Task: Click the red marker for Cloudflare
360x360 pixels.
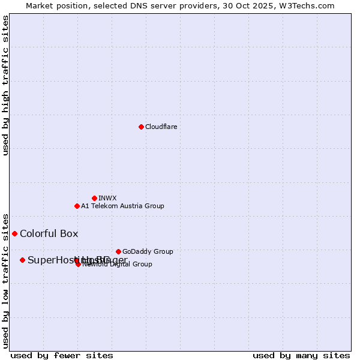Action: pos(141,127)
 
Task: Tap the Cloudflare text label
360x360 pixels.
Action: pos(161,127)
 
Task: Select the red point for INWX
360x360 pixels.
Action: pos(94,198)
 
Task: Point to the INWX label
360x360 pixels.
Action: pos(107,198)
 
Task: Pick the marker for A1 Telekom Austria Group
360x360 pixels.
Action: pos(77,206)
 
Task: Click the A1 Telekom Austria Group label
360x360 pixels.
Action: pos(122,206)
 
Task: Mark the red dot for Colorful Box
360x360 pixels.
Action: pos(14,233)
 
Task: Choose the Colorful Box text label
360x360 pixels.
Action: pos(49,233)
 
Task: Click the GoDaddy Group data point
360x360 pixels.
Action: pos(118,251)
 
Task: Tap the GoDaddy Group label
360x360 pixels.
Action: pos(148,251)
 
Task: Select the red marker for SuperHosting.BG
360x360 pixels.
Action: pos(22,260)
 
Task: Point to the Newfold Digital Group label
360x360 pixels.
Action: pos(118,265)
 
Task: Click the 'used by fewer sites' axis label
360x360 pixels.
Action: pos(62,356)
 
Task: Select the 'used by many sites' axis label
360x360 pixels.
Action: pos(301,356)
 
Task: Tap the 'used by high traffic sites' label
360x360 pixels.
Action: pos(6,85)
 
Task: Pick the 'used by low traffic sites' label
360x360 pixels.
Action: pos(6,280)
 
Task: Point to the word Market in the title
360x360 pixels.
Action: pos(40,5)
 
